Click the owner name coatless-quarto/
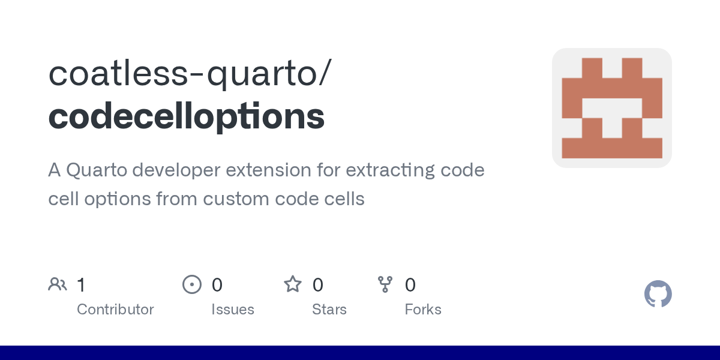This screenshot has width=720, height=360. point(190,73)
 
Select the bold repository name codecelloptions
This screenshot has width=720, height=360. point(187,116)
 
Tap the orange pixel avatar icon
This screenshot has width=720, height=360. point(611,108)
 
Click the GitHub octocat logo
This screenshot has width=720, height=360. point(658,294)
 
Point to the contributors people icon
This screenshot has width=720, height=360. point(58,284)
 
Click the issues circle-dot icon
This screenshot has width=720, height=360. point(192,284)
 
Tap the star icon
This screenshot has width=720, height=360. point(293,284)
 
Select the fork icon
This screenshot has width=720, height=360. point(385,284)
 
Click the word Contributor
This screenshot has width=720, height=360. point(115,310)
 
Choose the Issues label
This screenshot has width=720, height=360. point(233,310)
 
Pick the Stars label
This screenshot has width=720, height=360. point(329,310)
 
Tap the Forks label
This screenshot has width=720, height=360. point(423,310)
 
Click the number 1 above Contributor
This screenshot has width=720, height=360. point(82,285)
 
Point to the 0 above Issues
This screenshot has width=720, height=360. point(217,285)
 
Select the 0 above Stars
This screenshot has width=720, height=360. point(317,285)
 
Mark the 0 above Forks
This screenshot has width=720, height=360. point(410,285)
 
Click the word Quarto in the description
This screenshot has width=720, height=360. point(97,170)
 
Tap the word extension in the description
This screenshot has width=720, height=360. point(268,170)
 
